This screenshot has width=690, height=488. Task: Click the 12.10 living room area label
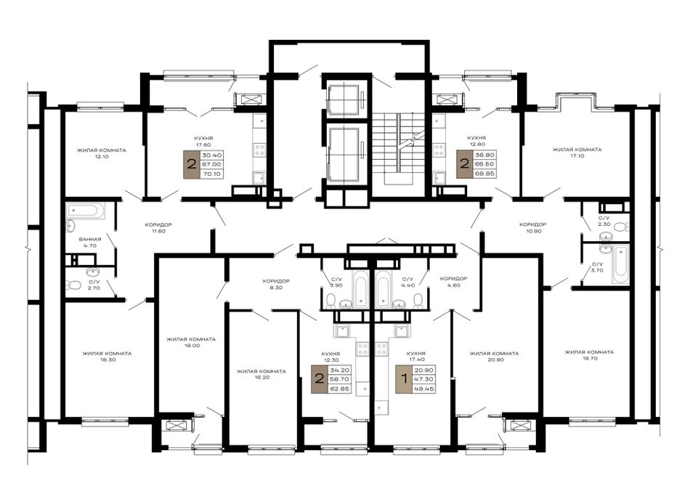coord(101,153)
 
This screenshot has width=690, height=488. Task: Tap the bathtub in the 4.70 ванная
coord(86,211)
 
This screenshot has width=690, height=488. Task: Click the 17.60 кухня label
coord(204,141)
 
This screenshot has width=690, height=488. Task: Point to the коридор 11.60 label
coord(158,227)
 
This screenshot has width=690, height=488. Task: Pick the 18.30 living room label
coord(107,357)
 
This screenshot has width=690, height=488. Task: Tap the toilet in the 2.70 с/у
coord(74,286)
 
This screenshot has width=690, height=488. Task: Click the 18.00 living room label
coord(190,342)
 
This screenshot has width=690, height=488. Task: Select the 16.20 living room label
coord(261,375)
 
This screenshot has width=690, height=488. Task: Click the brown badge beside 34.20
coord(320,378)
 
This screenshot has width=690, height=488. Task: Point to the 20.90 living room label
coord(494,357)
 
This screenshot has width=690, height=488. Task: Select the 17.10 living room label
coord(577,152)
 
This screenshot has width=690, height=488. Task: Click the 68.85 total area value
coord(484,174)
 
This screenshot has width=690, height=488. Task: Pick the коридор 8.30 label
coord(275,284)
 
